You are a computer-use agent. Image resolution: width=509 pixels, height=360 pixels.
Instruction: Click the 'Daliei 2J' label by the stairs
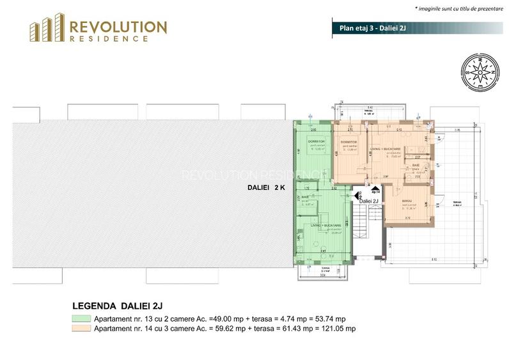tap(369, 201)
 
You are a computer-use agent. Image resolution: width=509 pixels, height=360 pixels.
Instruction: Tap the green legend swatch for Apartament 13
tap(81, 318)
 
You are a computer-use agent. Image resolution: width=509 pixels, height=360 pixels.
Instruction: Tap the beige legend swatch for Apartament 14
tap(81, 329)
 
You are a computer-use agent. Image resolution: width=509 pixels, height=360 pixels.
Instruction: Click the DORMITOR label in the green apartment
tap(317, 141)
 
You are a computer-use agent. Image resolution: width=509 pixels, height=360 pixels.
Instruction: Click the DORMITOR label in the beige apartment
tap(348, 141)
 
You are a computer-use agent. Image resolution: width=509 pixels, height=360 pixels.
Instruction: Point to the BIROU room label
tap(407, 201)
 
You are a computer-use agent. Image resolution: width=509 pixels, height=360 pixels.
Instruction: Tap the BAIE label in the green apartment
tap(305, 196)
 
